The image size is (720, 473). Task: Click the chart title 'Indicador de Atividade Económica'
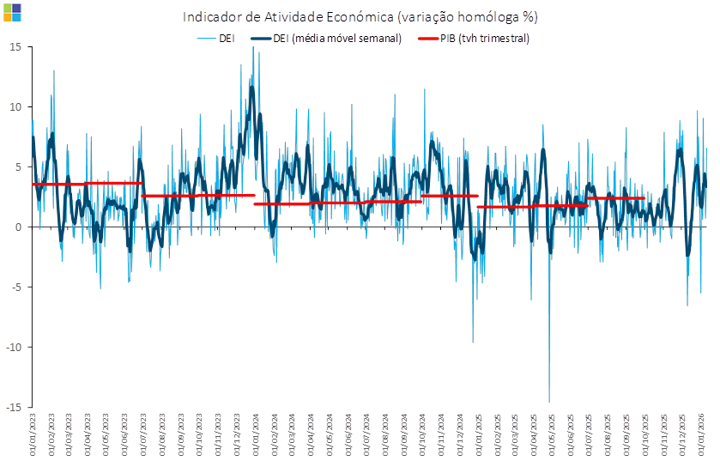[x=360, y=16]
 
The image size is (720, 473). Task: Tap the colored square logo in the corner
[x=12, y=12]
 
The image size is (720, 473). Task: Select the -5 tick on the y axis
[x=15, y=287]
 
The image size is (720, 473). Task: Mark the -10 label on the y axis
[x=14, y=347]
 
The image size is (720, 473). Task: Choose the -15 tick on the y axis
[x=14, y=407]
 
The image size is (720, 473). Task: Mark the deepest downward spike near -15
[x=549, y=401]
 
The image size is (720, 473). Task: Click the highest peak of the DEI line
[x=253, y=48]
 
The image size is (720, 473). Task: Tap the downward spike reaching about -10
[x=473, y=341]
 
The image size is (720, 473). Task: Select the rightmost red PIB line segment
[x=616, y=198]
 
